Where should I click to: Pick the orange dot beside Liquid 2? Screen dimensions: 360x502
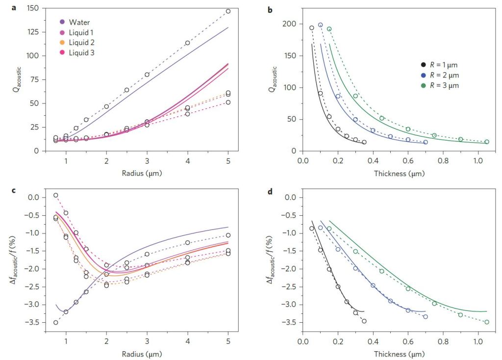(x=62, y=42)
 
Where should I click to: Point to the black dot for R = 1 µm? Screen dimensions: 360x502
(x=423, y=65)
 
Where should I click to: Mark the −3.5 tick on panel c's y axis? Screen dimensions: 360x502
(x=38, y=322)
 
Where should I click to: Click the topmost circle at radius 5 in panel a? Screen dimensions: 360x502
(x=228, y=11)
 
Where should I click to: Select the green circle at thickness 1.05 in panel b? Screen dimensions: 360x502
(x=486, y=142)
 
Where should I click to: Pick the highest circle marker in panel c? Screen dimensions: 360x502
(x=56, y=195)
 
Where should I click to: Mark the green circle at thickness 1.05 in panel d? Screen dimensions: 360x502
(x=486, y=322)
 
